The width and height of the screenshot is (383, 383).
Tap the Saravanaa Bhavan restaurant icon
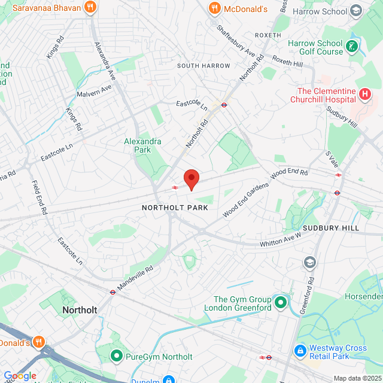90,8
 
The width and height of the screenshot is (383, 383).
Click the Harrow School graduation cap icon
357,11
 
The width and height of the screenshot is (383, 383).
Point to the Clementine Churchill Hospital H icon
365,95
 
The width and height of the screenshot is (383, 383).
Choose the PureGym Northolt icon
116,357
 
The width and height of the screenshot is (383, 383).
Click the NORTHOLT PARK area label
175,208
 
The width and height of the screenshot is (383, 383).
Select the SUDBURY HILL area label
330,229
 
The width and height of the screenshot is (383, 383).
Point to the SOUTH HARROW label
203,66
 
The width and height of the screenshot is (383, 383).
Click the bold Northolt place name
80,310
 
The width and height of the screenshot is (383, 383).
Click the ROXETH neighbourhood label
268,35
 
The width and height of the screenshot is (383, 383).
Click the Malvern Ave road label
95,92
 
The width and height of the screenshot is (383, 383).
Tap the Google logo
20,376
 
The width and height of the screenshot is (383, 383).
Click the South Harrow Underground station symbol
224,105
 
